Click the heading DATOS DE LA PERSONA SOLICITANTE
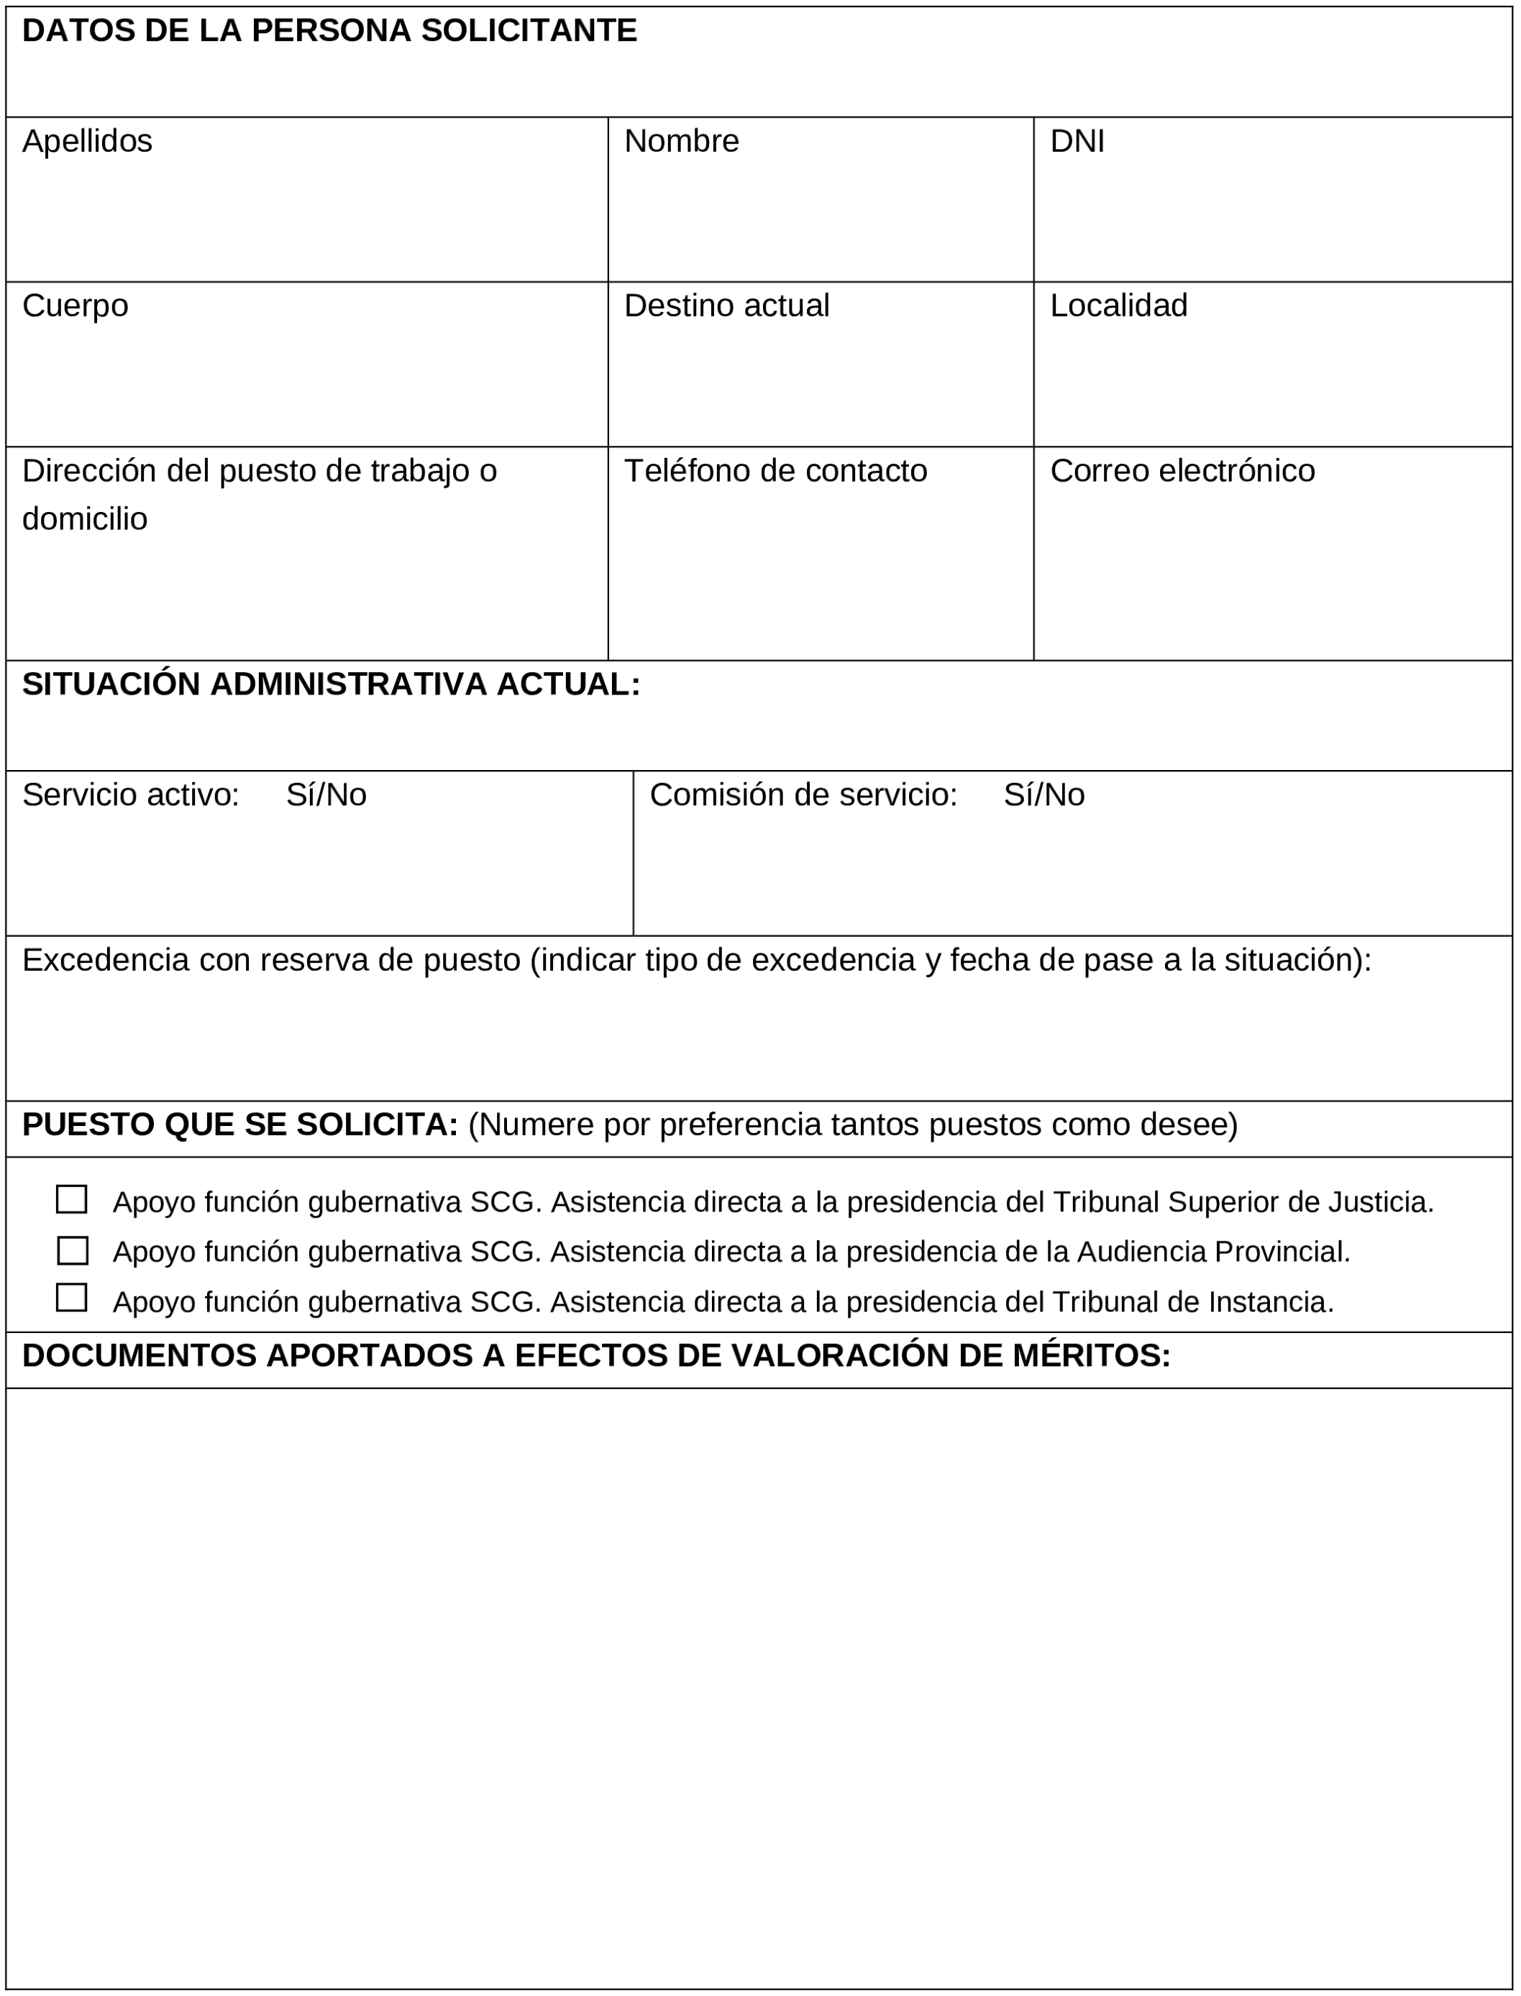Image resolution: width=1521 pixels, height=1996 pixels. (329, 31)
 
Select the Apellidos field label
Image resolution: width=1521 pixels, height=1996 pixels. (87, 141)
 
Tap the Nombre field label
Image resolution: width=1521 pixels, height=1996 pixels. (681, 141)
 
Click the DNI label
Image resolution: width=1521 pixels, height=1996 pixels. (1077, 141)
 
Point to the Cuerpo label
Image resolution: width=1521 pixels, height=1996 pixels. (75, 306)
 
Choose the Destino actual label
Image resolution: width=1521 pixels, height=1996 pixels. (726, 306)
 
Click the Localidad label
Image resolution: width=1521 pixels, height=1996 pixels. (1118, 306)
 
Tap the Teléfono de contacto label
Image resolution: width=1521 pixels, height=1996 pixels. (775, 471)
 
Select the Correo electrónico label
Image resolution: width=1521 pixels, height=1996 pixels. (1182, 471)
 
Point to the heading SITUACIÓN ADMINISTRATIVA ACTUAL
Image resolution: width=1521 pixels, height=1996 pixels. (331, 685)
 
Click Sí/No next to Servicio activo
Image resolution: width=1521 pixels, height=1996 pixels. (326, 795)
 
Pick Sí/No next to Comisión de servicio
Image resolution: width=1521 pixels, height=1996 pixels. (1043, 795)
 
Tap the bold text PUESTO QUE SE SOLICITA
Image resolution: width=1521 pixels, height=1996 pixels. (240, 1125)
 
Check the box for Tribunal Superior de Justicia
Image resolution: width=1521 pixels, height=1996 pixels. (71, 1200)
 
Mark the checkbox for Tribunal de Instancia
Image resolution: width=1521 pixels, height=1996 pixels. (71, 1298)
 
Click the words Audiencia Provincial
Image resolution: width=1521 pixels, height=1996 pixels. (1212, 1253)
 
